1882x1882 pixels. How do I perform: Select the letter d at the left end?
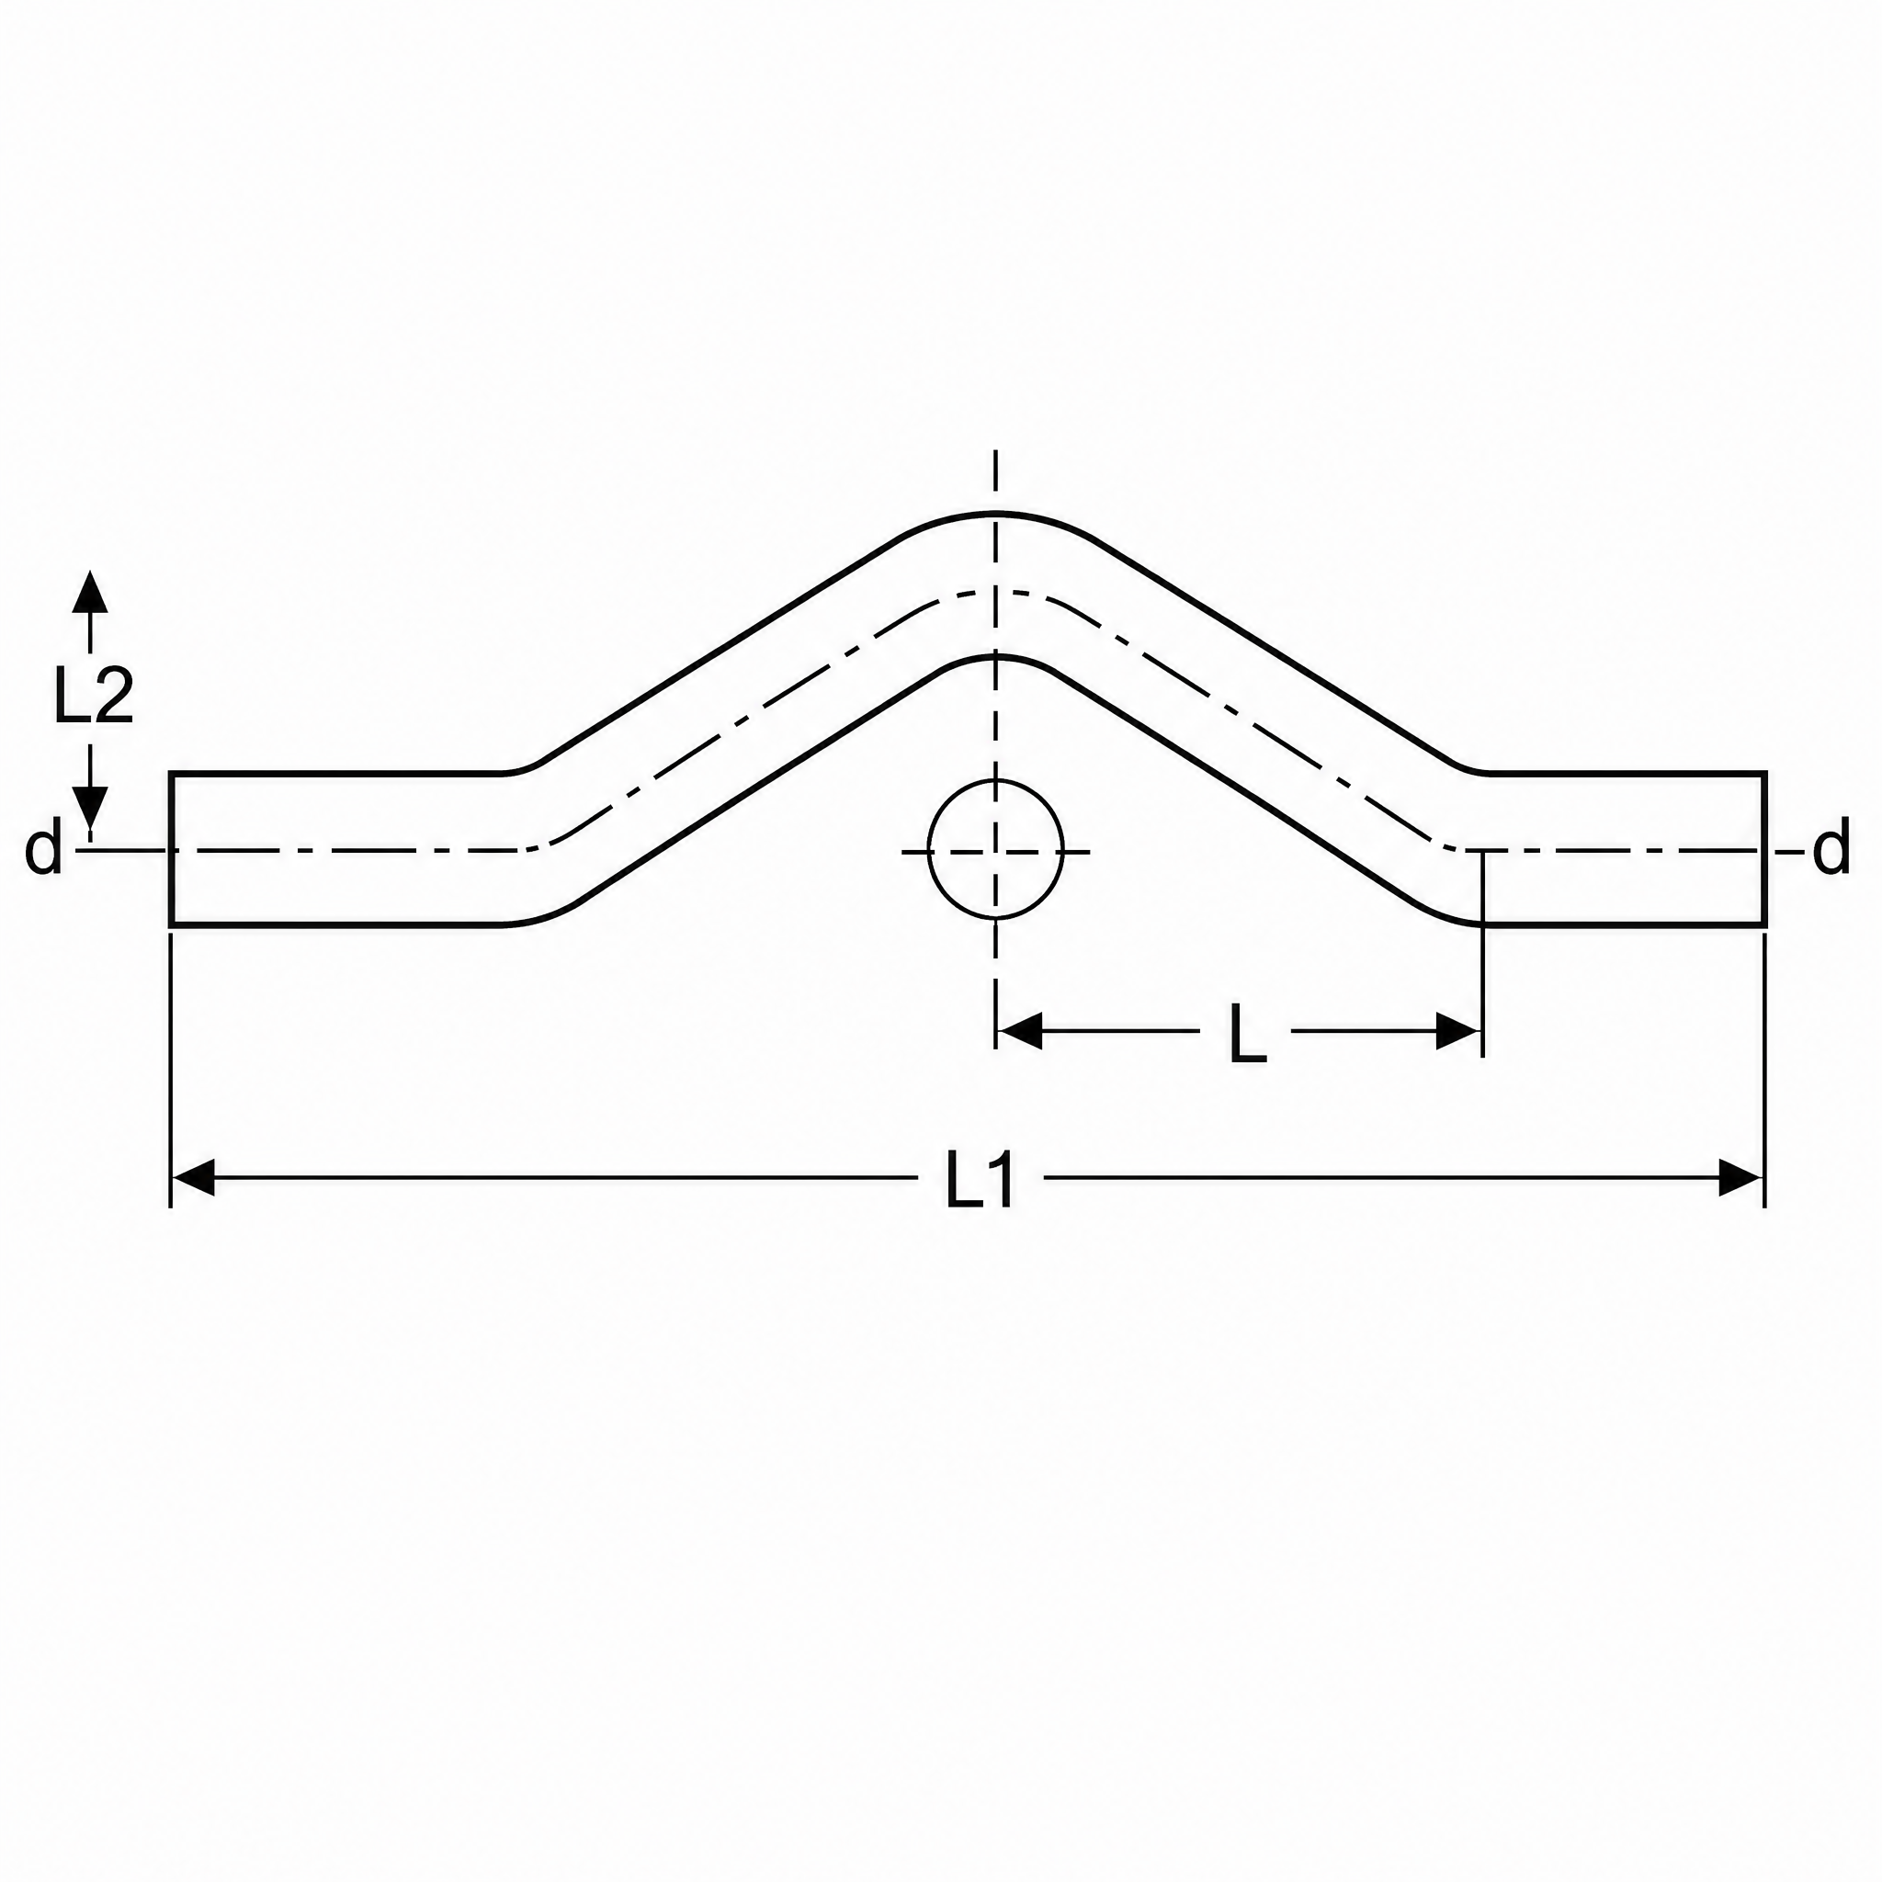43,850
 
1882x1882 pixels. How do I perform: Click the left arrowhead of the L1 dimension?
193,1178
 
